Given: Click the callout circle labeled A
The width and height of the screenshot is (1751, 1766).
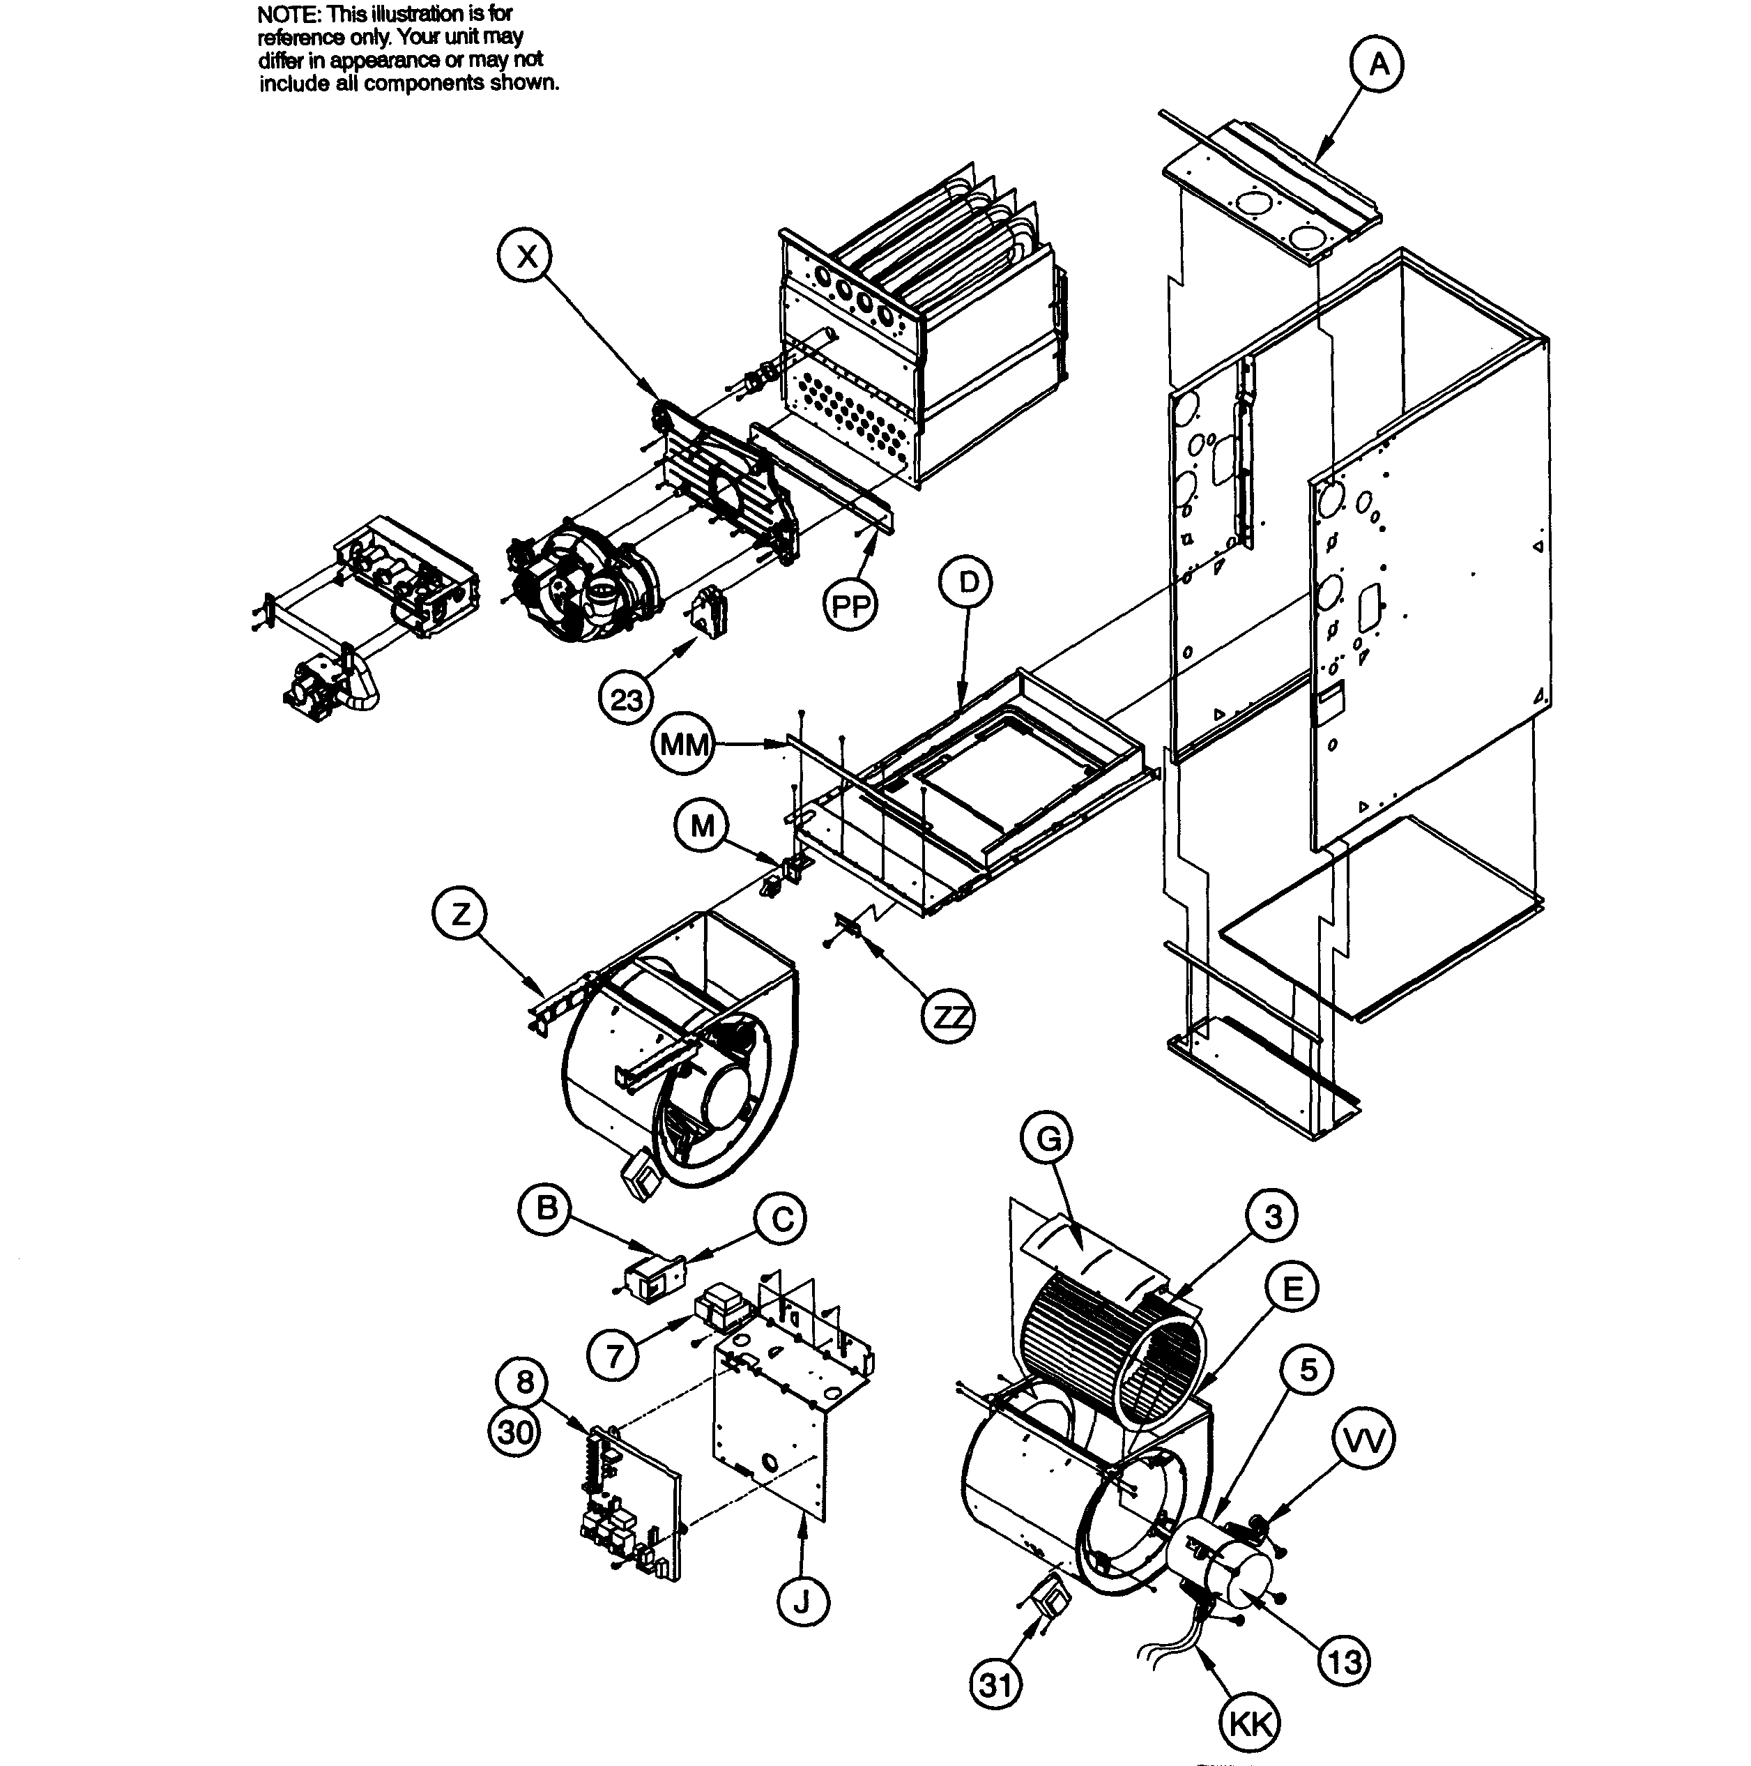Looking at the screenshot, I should tap(1377, 64).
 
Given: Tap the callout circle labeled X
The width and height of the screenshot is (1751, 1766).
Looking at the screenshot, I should tap(527, 257).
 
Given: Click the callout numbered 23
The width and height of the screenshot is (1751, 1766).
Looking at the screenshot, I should tap(626, 700).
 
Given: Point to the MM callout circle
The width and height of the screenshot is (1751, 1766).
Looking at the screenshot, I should tap(684, 745).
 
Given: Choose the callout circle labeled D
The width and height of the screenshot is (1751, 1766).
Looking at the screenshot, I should tap(969, 582).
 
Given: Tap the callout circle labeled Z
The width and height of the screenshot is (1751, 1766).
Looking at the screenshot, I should tap(459, 913).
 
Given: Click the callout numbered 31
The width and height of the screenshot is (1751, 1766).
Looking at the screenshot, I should tap(995, 1684).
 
